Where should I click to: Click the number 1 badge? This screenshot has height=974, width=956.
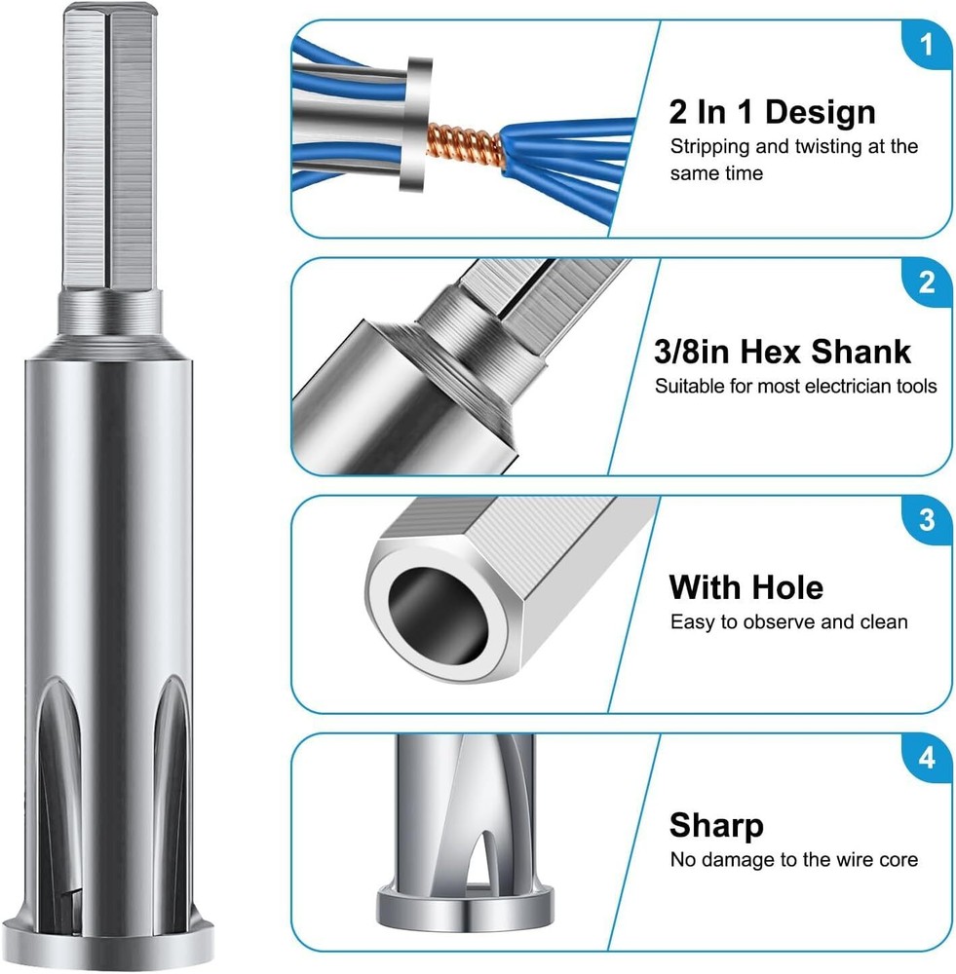(927, 45)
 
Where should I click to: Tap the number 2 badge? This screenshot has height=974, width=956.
(927, 282)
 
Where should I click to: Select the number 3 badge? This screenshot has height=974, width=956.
(927, 520)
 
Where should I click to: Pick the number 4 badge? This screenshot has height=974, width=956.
(927, 759)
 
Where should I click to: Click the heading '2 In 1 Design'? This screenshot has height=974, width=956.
(772, 112)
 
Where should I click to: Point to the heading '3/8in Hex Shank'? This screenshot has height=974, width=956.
(782, 352)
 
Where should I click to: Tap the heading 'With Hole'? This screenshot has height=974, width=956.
(746, 587)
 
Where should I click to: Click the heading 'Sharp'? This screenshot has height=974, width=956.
(716, 826)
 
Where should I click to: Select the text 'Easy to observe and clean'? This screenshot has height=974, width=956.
(788, 621)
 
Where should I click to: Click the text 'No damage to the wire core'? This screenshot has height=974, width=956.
(794, 860)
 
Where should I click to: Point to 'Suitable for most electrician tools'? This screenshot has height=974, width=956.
(795, 387)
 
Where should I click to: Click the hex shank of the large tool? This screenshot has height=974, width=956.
(110, 147)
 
